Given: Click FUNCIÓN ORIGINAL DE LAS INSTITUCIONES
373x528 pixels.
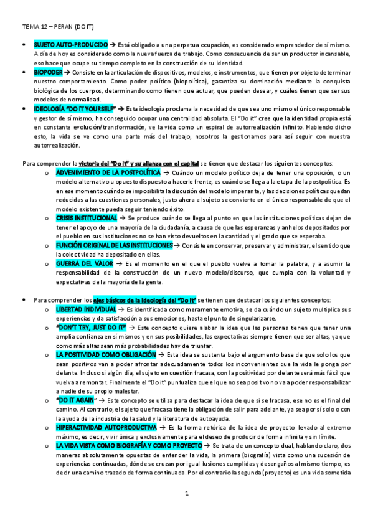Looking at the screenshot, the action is click(115, 246).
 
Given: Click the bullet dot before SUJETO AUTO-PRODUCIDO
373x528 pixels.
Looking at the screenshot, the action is click(24, 46).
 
